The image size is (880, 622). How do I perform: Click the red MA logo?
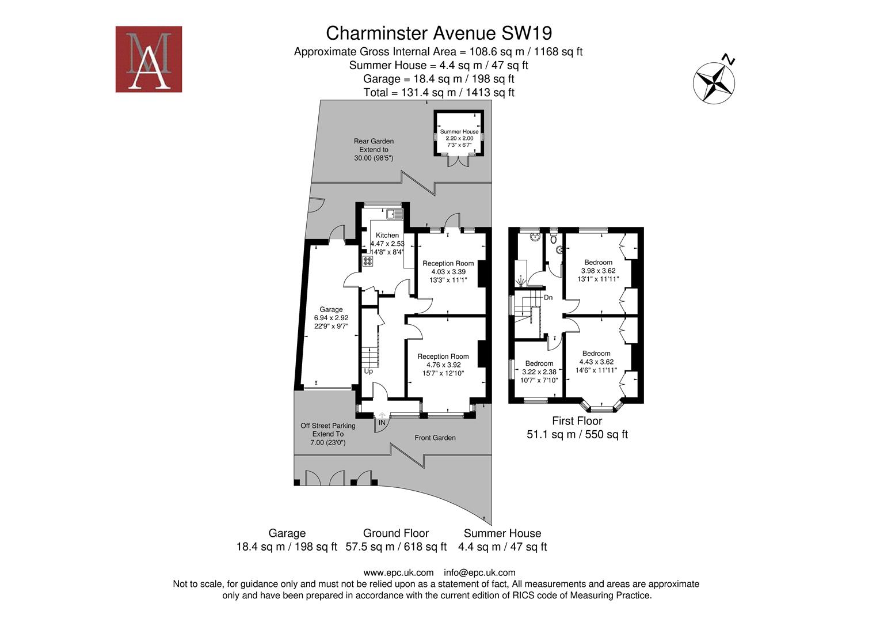[x=148, y=59]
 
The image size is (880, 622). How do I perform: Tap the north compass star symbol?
[x=714, y=82]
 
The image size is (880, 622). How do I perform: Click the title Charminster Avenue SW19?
[x=439, y=33]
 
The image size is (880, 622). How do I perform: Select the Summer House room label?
[x=459, y=131]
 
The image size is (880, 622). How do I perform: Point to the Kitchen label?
[x=387, y=235]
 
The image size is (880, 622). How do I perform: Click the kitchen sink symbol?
[x=395, y=214]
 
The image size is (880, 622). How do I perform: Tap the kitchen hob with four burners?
[x=367, y=261]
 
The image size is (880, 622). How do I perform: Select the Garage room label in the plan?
[x=331, y=309]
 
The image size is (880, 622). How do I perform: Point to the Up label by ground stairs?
[x=368, y=371]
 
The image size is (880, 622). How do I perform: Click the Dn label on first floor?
[x=548, y=298]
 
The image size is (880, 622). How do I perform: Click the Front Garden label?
[x=435, y=438]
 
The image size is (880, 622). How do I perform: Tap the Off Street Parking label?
[x=327, y=426]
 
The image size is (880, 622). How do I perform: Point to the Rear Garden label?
[x=374, y=141]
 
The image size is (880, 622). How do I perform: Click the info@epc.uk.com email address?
[x=479, y=572]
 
